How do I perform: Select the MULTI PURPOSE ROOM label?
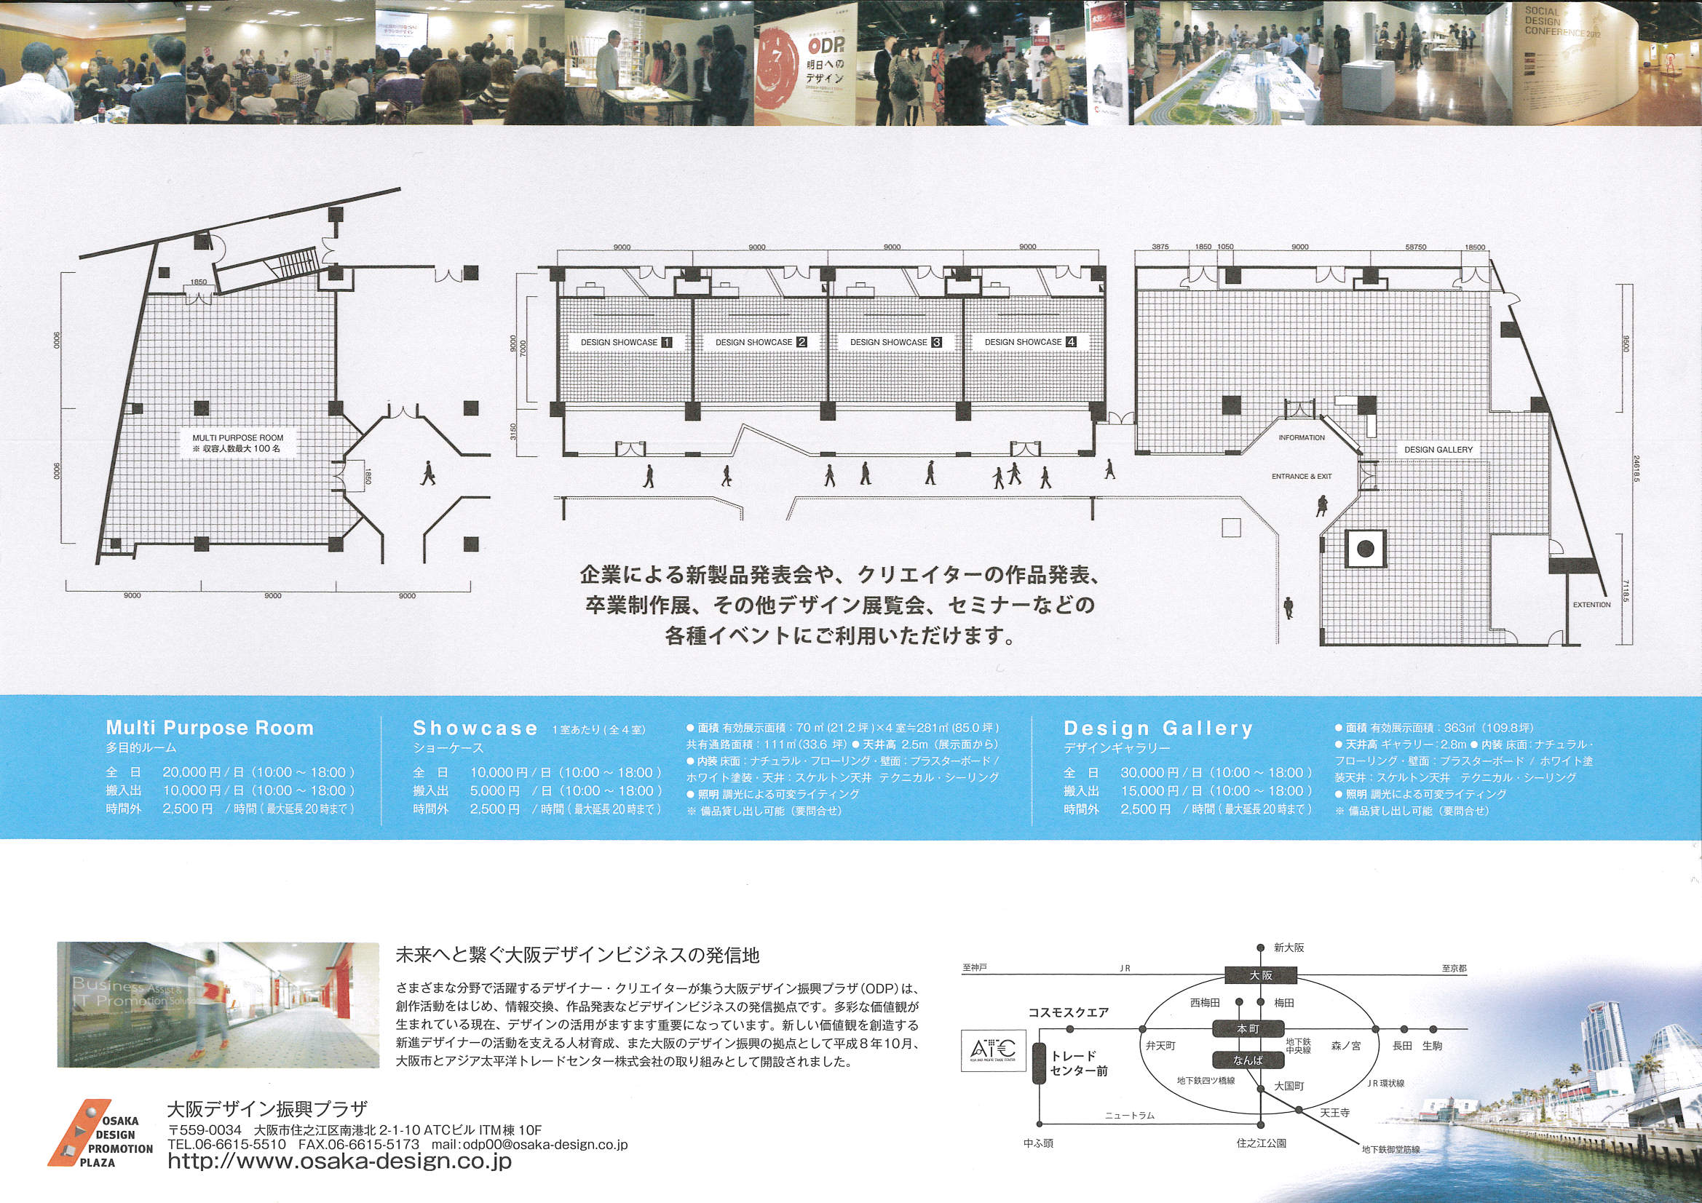[238, 438]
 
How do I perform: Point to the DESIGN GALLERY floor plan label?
[1438, 450]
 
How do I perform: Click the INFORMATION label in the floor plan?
[1301, 438]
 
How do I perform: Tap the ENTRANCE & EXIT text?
[1301, 477]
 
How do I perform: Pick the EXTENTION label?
[1591, 605]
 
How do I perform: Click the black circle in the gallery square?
[1366, 549]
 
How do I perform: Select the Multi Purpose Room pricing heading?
[210, 728]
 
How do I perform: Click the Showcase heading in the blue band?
[475, 728]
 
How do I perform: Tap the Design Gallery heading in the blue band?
[1158, 728]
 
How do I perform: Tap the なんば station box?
[1248, 1060]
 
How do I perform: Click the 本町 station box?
[1248, 1029]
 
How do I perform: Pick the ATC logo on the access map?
[992, 1050]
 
